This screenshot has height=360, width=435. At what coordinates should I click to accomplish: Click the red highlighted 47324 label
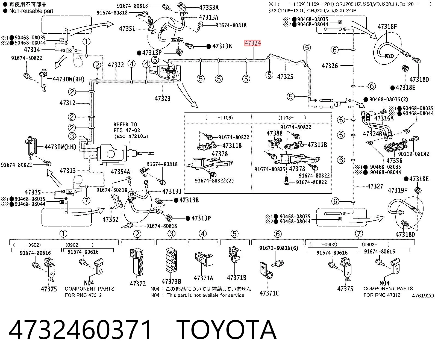coord(252,43)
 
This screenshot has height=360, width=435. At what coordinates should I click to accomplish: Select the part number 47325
coord(285,77)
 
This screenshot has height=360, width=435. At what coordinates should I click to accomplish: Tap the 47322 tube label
coord(116,65)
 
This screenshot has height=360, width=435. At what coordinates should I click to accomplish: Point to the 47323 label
coord(163,98)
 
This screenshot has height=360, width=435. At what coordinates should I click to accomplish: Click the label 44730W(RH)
coord(69,79)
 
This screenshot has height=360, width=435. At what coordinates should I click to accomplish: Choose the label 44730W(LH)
coord(60,147)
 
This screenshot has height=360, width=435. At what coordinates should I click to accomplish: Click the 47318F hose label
coord(387,26)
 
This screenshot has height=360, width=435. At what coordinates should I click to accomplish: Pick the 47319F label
coord(398,190)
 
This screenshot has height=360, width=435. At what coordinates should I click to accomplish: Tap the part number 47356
coord(394,161)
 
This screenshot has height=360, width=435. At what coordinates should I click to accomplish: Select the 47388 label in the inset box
coord(274,133)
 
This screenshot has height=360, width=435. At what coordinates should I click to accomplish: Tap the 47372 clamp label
coord(138,284)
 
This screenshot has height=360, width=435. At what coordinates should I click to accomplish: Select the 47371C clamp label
coord(269,293)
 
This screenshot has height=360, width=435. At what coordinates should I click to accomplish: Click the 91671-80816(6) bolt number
coord(279,248)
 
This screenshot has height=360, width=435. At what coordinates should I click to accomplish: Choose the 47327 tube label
coord(375,186)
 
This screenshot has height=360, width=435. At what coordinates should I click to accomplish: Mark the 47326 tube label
coord(330,66)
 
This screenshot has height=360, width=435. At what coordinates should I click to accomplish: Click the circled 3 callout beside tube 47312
coord(72,136)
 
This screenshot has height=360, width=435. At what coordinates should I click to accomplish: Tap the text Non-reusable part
coord(31,11)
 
